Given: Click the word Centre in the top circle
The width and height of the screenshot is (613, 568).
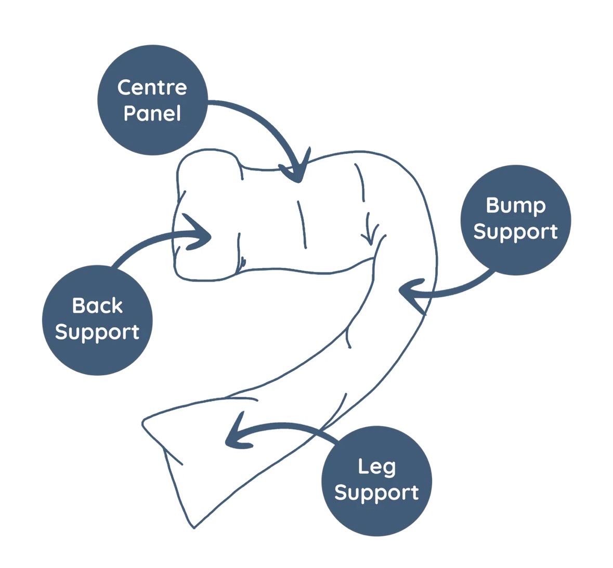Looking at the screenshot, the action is coord(152,87).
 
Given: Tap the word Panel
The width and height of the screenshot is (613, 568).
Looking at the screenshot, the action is coord(152,113).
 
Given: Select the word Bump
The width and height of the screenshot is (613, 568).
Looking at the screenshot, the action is coord(516,206).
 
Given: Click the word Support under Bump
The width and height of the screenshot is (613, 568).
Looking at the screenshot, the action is coord(516,232).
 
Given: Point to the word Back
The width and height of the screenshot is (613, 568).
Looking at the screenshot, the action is coord(97,306).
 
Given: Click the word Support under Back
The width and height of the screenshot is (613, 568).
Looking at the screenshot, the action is coord(97,332).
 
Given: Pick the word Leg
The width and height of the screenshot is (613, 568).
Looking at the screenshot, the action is coord(377,467).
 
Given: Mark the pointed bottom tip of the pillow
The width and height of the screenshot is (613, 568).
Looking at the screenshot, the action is coord(193,528).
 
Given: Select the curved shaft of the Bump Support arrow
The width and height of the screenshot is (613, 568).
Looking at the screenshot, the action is coord(458,289).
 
